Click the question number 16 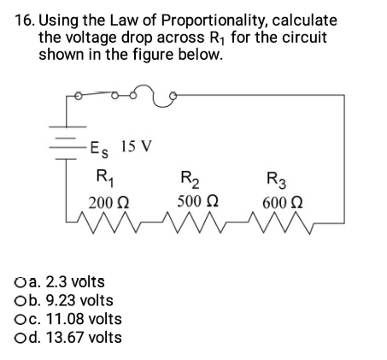pyautogui.click(x=25, y=19)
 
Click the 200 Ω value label pyautogui.click(x=109, y=203)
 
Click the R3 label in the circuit pyautogui.click(x=277, y=180)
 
